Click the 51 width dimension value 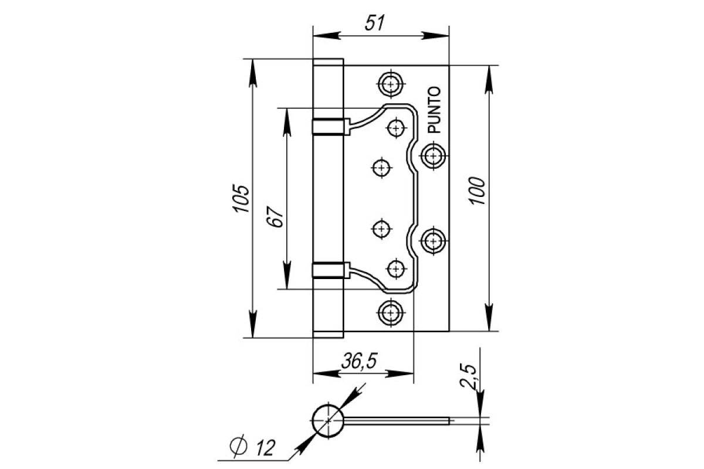click(x=375, y=23)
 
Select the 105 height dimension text click(x=241, y=198)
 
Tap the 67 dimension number click(x=275, y=216)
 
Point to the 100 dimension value click(x=477, y=191)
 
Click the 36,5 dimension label click(x=359, y=361)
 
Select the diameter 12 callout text click(x=253, y=446)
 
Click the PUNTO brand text click(x=435, y=110)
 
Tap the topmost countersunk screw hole click(x=391, y=84)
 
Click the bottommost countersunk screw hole click(x=391, y=312)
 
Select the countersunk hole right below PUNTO click(x=434, y=155)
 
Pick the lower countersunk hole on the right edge click(x=434, y=241)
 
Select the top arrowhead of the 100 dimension click(x=488, y=80)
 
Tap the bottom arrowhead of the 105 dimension click(x=253, y=324)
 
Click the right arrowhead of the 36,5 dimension click(x=400, y=374)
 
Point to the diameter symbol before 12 click(x=238, y=446)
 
